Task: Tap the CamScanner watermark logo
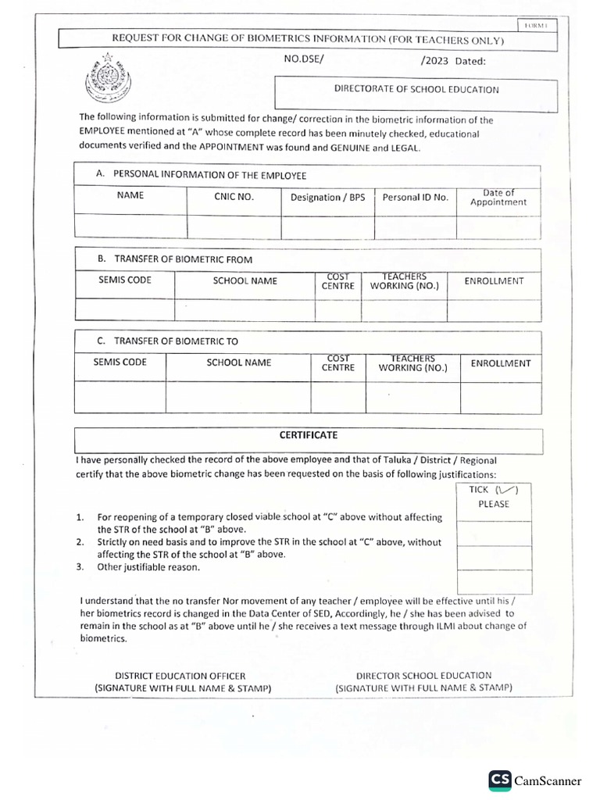(x=535, y=779)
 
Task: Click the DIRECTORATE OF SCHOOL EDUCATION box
(x=416, y=90)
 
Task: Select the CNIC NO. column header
(x=234, y=197)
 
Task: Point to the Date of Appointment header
(x=498, y=198)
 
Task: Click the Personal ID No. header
(x=415, y=198)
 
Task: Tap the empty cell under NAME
(x=130, y=226)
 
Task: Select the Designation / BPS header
(x=327, y=198)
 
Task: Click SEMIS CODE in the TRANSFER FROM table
(x=125, y=280)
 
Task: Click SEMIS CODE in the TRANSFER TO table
(x=120, y=362)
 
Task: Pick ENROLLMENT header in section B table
(x=494, y=280)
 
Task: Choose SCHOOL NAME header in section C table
(x=239, y=362)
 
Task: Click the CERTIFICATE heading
(x=309, y=435)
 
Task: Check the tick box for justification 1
(x=483, y=533)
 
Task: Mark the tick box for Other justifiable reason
(x=483, y=581)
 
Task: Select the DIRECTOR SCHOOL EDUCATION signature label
(x=423, y=681)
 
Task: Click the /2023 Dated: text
(x=452, y=60)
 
